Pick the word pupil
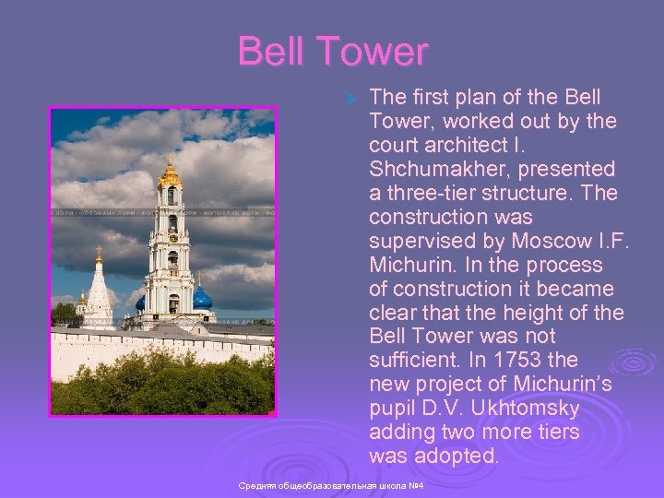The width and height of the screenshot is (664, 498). [391, 409]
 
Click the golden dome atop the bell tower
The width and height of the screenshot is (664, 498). [170, 174]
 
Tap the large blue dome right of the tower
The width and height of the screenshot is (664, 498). [202, 298]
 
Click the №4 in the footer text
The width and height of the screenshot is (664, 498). [415, 485]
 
